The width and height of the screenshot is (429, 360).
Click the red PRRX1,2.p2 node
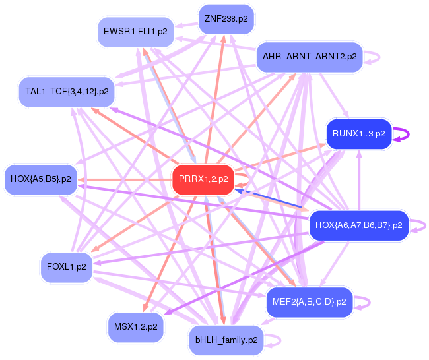tap(203, 179)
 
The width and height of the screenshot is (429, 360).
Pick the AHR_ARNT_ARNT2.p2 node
tap(310, 57)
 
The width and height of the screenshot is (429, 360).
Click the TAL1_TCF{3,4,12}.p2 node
tap(67, 91)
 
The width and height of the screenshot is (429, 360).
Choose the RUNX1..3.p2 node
tap(358, 134)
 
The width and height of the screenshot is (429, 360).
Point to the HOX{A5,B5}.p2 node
tap(41, 178)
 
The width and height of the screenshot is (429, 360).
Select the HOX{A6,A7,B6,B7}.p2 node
tap(359, 225)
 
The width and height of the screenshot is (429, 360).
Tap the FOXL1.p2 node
tap(67, 267)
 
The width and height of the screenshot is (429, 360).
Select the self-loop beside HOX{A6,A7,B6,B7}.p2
tap(420, 225)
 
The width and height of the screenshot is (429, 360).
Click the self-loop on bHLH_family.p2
tap(275, 340)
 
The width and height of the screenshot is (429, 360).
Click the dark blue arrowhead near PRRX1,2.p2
tap(240, 190)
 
